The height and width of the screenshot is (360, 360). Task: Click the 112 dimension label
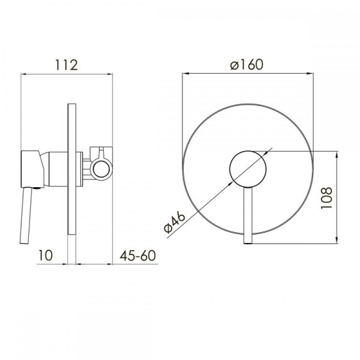[67, 65]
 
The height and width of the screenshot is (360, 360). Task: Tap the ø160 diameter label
[247, 65]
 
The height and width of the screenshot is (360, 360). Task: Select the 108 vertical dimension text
[326, 198]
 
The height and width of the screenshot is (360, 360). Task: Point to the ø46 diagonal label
[175, 222]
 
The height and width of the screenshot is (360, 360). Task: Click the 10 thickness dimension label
[46, 256]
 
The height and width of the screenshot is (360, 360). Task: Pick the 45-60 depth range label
[138, 256]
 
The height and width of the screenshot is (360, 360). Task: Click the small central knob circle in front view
[248, 169]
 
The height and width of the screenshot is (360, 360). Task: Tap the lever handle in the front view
[248, 215]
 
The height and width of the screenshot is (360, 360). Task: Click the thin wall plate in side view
[72, 169]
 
